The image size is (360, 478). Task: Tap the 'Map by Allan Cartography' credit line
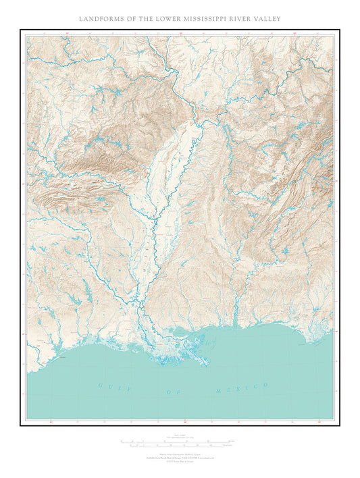(x=179, y=453)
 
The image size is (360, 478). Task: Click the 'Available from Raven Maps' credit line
(x=179, y=457)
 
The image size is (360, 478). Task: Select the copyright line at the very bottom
(x=179, y=461)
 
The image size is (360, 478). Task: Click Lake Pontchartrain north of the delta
(x=183, y=333)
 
